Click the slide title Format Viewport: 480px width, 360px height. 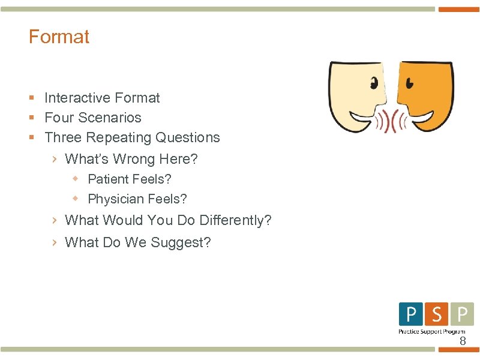click(59, 37)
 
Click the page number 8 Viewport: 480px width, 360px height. click(462, 341)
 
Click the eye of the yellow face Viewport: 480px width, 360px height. click(374, 82)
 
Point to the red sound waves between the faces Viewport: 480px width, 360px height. click(391, 122)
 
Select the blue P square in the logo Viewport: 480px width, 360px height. click(410, 314)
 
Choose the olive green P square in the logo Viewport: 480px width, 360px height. click(461, 314)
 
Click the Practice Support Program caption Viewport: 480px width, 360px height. click(432, 331)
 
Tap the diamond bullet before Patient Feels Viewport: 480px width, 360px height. click(76, 178)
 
